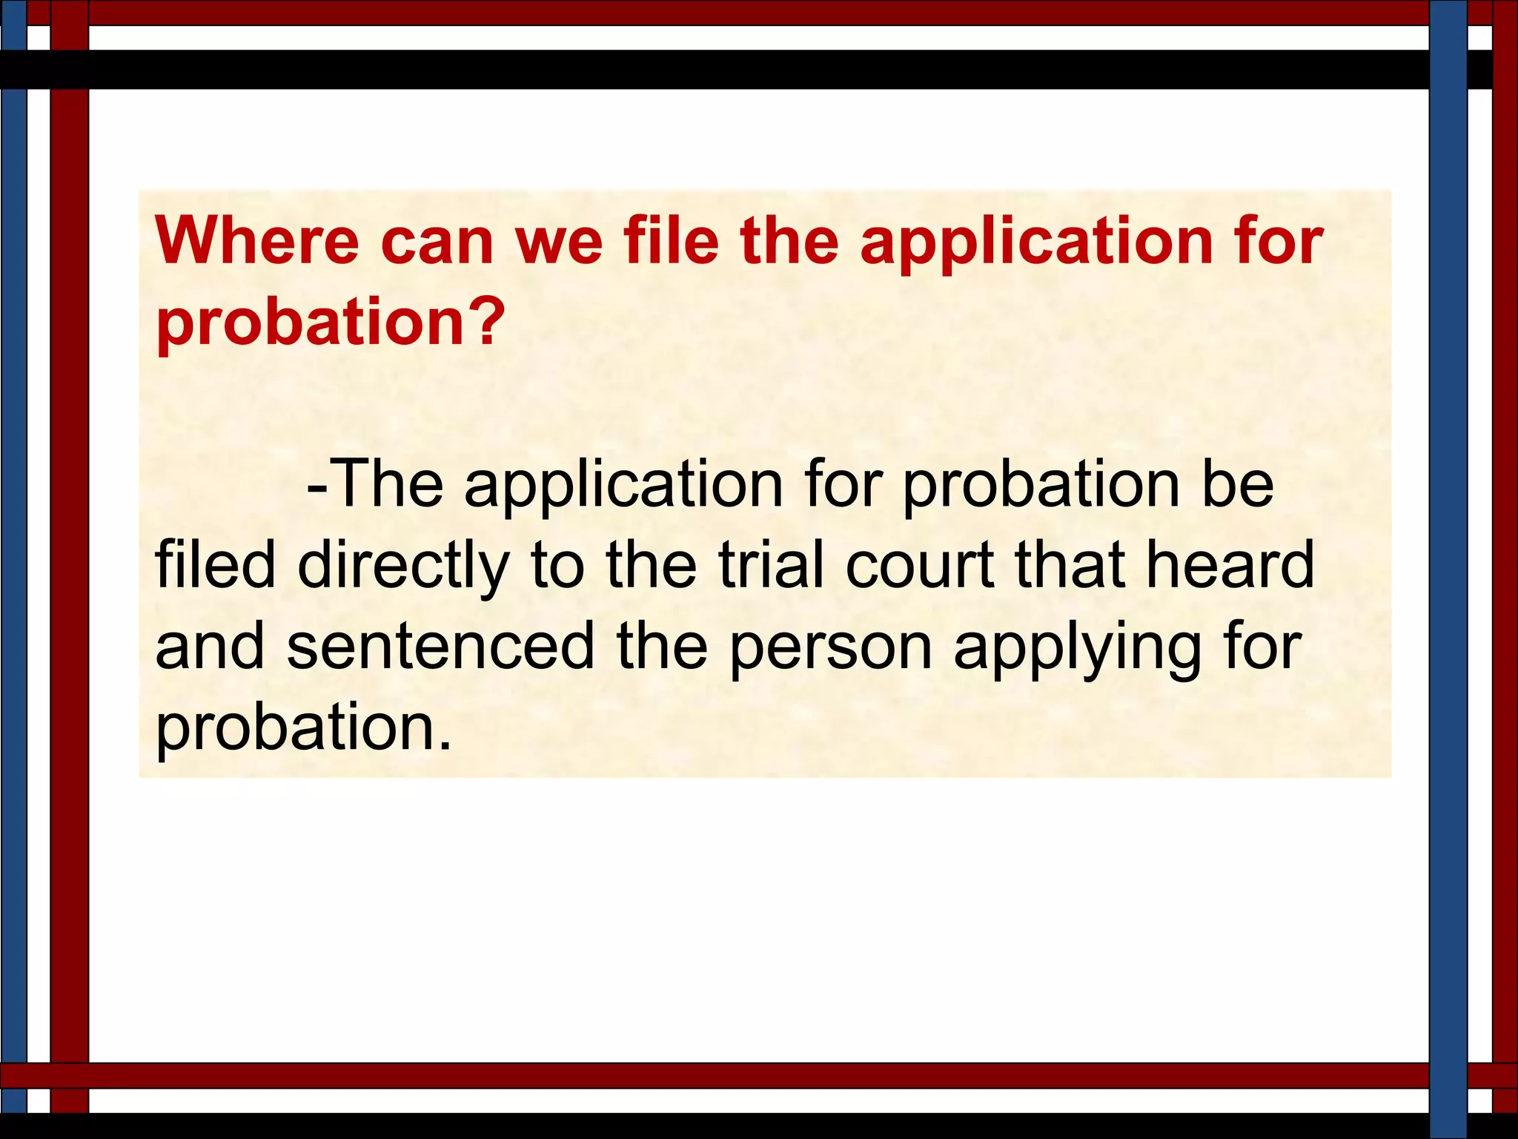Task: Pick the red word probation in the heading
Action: point(315,325)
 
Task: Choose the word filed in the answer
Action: point(215,565)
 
